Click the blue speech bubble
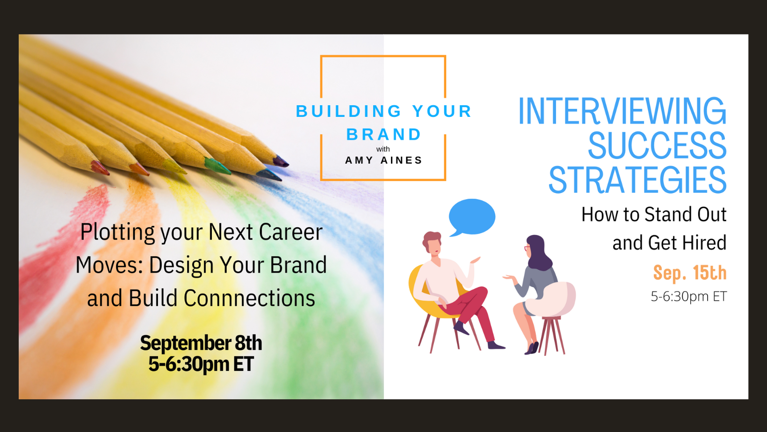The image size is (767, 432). (472, 216)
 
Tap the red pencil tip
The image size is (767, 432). (100, 168)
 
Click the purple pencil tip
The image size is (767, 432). (281, 161)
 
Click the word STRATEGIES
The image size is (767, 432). (637, 180)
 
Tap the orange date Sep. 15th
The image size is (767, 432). (690, 273)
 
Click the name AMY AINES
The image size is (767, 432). (383, 160)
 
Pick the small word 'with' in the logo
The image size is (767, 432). (383, 149)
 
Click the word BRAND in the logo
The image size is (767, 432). (383, 134)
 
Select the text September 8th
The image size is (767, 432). (201, 343)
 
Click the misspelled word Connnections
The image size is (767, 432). (249, 298)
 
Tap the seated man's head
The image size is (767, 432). (432, 242)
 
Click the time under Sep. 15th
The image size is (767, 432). (688, 296)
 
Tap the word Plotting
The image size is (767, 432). (117, 232)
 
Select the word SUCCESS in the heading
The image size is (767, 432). (657, 145)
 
